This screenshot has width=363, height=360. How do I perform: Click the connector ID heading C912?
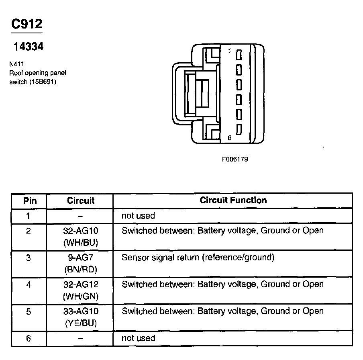click(27, 24)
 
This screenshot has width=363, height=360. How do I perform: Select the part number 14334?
click(28, 47)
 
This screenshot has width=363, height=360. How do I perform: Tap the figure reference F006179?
click(235, 159)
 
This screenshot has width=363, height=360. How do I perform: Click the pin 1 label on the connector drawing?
click(229, 51)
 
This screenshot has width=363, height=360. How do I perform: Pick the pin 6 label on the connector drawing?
click(229, 138)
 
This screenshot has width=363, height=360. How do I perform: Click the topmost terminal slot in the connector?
click(239, 55)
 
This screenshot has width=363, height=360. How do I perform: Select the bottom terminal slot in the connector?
click(239, 129)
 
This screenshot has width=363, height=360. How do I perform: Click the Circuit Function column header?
click(233, 200)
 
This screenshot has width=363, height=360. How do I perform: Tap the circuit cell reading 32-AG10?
click(81, 231)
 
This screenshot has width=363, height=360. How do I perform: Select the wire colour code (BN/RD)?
click(81, 270)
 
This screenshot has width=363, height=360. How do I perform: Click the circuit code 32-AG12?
click(81, 284)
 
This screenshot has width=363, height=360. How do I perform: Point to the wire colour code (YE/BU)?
click(81, 323)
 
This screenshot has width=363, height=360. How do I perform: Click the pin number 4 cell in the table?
click(29, 284)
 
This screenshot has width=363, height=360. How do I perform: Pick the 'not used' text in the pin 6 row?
click(138, 338)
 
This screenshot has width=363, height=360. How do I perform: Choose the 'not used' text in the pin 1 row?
click(138, 216)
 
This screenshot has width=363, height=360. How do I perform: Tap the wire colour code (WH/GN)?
click(81, 297)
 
